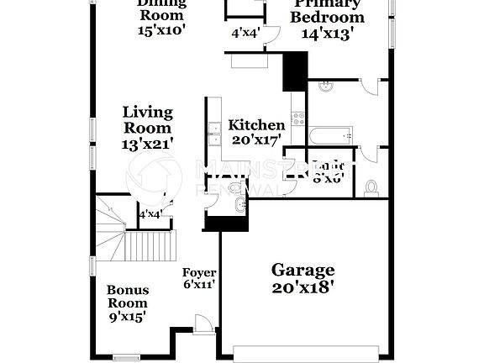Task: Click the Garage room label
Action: [302, 270]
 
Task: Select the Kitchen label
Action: [256, 125]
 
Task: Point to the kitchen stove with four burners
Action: [297, 116]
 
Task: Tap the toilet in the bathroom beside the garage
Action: [371, 188]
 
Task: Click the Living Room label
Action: [148, 120]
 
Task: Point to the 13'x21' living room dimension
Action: [148, 144]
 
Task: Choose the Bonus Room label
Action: [127, 296]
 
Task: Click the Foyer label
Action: [200, 273]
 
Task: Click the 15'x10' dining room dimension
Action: [161, 29]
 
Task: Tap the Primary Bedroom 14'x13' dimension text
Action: [328, 34]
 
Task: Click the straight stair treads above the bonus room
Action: [151, 245]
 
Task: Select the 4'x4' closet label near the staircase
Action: [150, 214]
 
